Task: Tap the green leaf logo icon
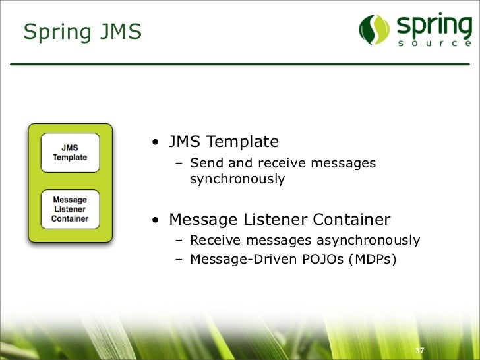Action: click(375, 29)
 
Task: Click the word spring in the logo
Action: click(434, 26)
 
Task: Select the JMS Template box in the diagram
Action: click(70, 152)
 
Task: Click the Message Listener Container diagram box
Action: click(70, 209)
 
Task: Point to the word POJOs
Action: click(324, 259)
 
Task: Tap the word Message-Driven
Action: click(242, 259)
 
